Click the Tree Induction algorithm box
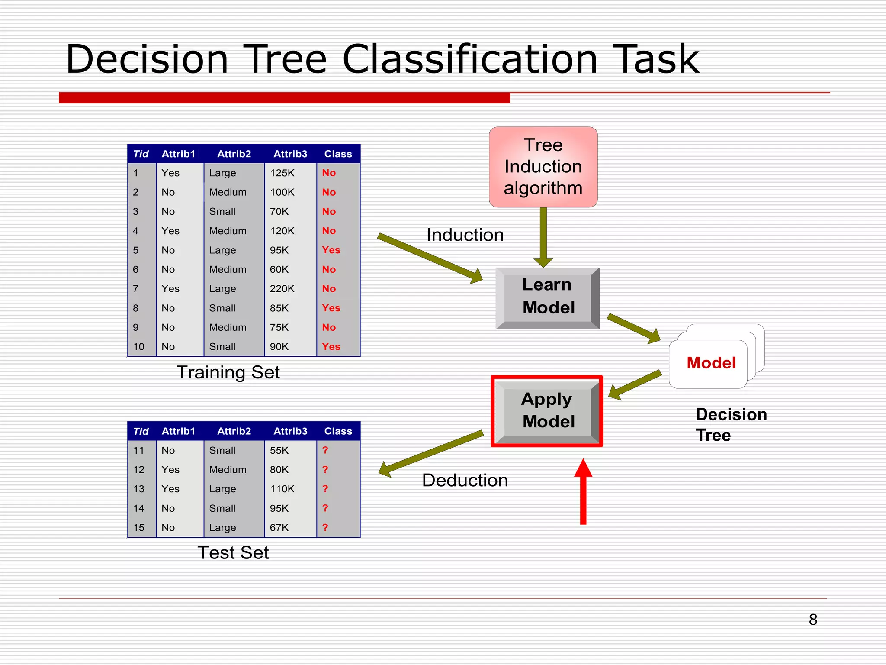tap(543, 167)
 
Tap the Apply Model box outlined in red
tap(547, 410)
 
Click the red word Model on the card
tap(711, 363)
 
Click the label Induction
tap(465, 235)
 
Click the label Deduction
tap(465, 481)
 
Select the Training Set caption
tap(228, 372)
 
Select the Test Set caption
tap(233, 553)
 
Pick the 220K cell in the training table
tap(282, 289)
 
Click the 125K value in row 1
tap(282, 173)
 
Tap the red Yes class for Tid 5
tap(331, 250)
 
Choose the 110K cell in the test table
tap(282, 489)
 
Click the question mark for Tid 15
tap(325, 528)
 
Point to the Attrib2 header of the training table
tap(234, 154)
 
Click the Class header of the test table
tap(338, 431)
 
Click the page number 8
tap(813, 620)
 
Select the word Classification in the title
tap(470, 59)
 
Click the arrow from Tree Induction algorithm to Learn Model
tap(543, 236)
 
